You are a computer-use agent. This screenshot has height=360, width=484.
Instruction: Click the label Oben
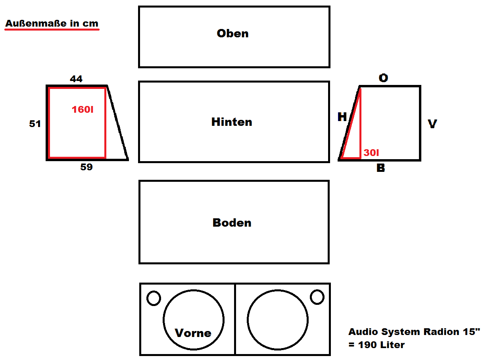click(x=232, y=33)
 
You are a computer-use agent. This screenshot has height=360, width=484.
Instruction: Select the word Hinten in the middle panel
click(x=232, y=122)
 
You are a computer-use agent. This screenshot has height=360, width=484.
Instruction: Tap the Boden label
click(x=232, y=223)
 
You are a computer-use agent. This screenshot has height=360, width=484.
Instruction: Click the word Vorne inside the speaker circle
click(x=193, y=333)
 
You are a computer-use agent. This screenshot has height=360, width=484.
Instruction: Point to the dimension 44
click(x=76, y=79)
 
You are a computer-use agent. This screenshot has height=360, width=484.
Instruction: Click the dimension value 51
click(x=35, y=124)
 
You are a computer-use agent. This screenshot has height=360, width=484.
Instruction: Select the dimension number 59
click(x=86, y=167)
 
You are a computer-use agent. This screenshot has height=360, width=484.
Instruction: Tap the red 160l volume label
click(x=83, y=110)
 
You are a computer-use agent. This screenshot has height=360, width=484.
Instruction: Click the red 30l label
click(x=371, y=152)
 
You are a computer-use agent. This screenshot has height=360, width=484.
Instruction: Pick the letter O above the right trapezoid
click(x=383, y=78)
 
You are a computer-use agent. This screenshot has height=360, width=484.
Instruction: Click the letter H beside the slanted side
click(x=342, y=117)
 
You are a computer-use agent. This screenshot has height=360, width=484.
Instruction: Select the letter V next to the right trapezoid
click(x=432, y=124)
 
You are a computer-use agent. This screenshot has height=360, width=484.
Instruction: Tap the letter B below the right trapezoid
click(x=380, y=168)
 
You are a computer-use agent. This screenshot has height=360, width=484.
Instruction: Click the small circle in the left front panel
click(x=154, y=298)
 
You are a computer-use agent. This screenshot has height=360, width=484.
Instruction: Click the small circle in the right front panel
click(x=317, y=297)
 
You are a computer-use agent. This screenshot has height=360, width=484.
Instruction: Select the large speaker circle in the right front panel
click(x=278, y=320)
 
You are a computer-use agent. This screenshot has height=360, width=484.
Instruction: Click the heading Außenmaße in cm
click(x=52, y=23)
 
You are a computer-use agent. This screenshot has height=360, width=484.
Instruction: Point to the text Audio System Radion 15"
click(x=414, y=332)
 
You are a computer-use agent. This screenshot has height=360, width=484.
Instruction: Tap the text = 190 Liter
click(x=376, y=345)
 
